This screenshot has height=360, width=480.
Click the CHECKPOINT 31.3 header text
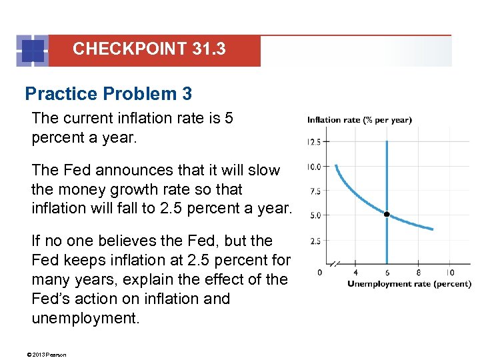(149, 49)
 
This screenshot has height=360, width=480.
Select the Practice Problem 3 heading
(108, 94)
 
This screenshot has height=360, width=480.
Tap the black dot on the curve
(387, 215)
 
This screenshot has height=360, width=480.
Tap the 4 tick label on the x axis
(355, 272)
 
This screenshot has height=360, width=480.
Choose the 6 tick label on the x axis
(387, 272)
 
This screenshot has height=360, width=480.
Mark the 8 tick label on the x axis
(418, 272)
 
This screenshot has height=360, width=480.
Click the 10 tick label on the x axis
(450, 272)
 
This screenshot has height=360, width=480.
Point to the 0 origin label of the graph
(320, 272)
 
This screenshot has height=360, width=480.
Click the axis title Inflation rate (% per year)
(359, 120)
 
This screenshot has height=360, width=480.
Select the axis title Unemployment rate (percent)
(409, 284)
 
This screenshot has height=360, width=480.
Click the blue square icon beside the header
(32, 51)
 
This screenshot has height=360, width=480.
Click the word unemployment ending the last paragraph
(85, 318)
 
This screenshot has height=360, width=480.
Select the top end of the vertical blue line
(387, 141)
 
